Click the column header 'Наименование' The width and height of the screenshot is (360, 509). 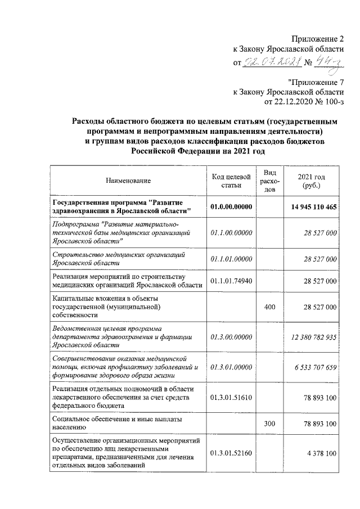(128, 181)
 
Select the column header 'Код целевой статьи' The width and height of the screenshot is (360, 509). (231, 181)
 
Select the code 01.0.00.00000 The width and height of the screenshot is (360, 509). (231, 207)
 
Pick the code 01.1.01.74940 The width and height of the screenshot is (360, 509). (231, 280)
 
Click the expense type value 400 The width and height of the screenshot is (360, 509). (269, 307)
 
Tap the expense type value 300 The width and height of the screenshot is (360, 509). (269, 422)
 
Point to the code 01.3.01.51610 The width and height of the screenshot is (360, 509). (231, 397)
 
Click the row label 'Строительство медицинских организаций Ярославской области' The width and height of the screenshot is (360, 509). (128, 259)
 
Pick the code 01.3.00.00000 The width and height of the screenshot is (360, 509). (231, 336)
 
